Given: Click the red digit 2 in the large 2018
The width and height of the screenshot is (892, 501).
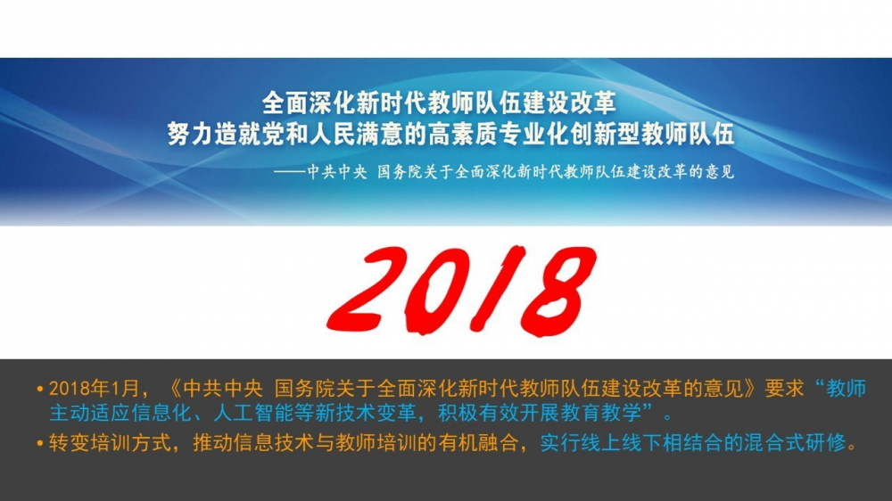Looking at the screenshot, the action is point(364,289).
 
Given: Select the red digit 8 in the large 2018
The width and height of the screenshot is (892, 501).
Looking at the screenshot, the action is point(558,290).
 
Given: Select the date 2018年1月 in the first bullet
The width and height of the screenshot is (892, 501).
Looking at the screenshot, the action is point(94,389).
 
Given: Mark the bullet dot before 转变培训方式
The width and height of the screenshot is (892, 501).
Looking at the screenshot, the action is point(40,443).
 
